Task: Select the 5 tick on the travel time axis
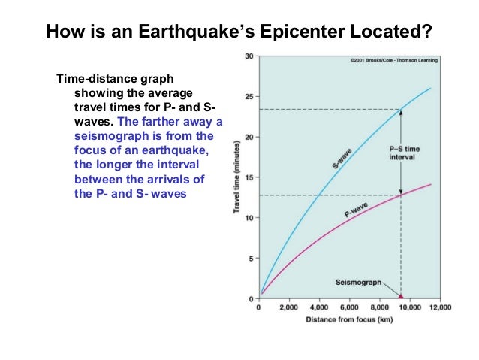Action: click(x=252, y=259)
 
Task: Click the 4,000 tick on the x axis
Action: click(x=319, y=308)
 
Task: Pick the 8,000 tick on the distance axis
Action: click(x=379, y=308)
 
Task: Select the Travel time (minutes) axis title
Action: click(x=237, y=177)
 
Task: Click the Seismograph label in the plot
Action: click(x=357, y=282)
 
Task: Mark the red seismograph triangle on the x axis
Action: click(x=401, y=297)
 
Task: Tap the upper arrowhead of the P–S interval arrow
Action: click(x=401, y=113)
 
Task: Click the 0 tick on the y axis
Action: click(x=252, y=299)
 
